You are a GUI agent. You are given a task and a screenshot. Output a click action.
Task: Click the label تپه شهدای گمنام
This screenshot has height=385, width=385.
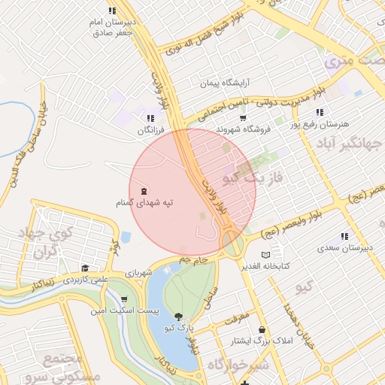click(140, 203)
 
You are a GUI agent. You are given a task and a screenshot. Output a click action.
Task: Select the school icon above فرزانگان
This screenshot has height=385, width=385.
click(150, 118)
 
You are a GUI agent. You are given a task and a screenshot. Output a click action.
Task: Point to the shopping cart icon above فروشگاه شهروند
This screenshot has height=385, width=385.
click(243, 118)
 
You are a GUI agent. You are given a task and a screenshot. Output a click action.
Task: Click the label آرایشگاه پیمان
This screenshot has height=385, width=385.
click(223, 83)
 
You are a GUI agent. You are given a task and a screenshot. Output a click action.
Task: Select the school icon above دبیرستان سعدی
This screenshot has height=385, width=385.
click(344, 236)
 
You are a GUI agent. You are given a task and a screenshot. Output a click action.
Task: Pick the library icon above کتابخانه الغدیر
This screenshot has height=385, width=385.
click(264, 255)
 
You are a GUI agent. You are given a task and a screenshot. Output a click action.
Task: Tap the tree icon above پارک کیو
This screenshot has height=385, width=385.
click(178, 317)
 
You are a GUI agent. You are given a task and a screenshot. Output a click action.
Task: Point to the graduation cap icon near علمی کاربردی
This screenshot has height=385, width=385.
click(85, 268)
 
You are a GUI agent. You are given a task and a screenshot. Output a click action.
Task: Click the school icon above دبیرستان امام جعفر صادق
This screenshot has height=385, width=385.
click(112, 11)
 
